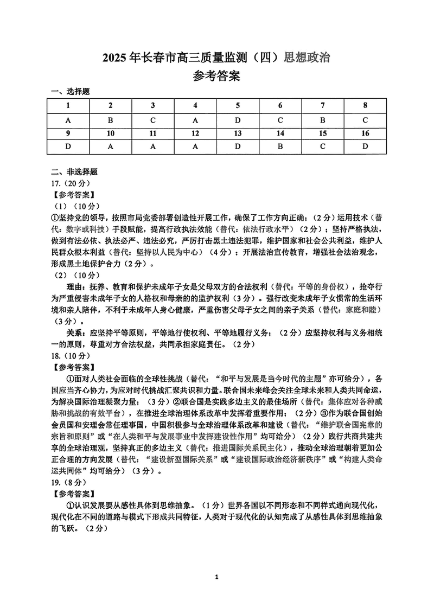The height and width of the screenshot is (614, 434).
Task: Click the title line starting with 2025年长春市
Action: (216, 56)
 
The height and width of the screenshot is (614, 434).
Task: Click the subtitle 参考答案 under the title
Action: (216, 76)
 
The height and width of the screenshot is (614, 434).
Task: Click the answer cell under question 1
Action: (68, 120)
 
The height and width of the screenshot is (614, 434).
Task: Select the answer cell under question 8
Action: (365, 120)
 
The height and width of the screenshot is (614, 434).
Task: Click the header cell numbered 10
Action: (111, 133)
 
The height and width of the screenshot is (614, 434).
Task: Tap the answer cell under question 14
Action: (280, 146)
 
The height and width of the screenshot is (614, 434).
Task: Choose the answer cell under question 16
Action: (365, 146)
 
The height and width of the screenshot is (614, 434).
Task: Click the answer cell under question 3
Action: (153, 120)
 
